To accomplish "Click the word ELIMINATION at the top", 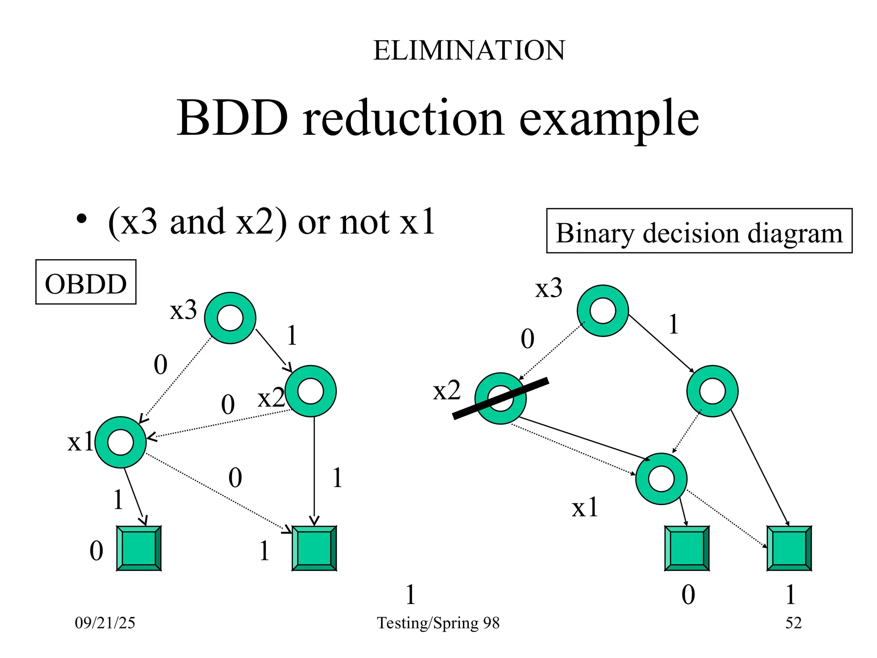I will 469,51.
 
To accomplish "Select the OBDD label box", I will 86,282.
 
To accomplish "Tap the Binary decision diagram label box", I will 699,231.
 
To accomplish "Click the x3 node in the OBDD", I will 230,318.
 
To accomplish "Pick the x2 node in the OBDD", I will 310,391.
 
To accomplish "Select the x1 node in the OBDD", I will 120,442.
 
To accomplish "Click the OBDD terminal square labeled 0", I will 139,548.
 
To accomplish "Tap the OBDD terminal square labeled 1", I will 314,548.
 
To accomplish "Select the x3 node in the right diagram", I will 603,311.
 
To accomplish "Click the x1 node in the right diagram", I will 661,479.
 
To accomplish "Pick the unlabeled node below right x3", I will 712,391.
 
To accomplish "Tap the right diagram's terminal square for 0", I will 687,548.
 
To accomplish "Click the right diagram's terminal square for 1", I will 789,548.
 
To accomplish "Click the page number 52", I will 793,623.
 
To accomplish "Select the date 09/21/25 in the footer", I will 105,623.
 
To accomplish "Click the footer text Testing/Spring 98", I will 438,623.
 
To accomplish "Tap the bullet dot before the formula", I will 81,219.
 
